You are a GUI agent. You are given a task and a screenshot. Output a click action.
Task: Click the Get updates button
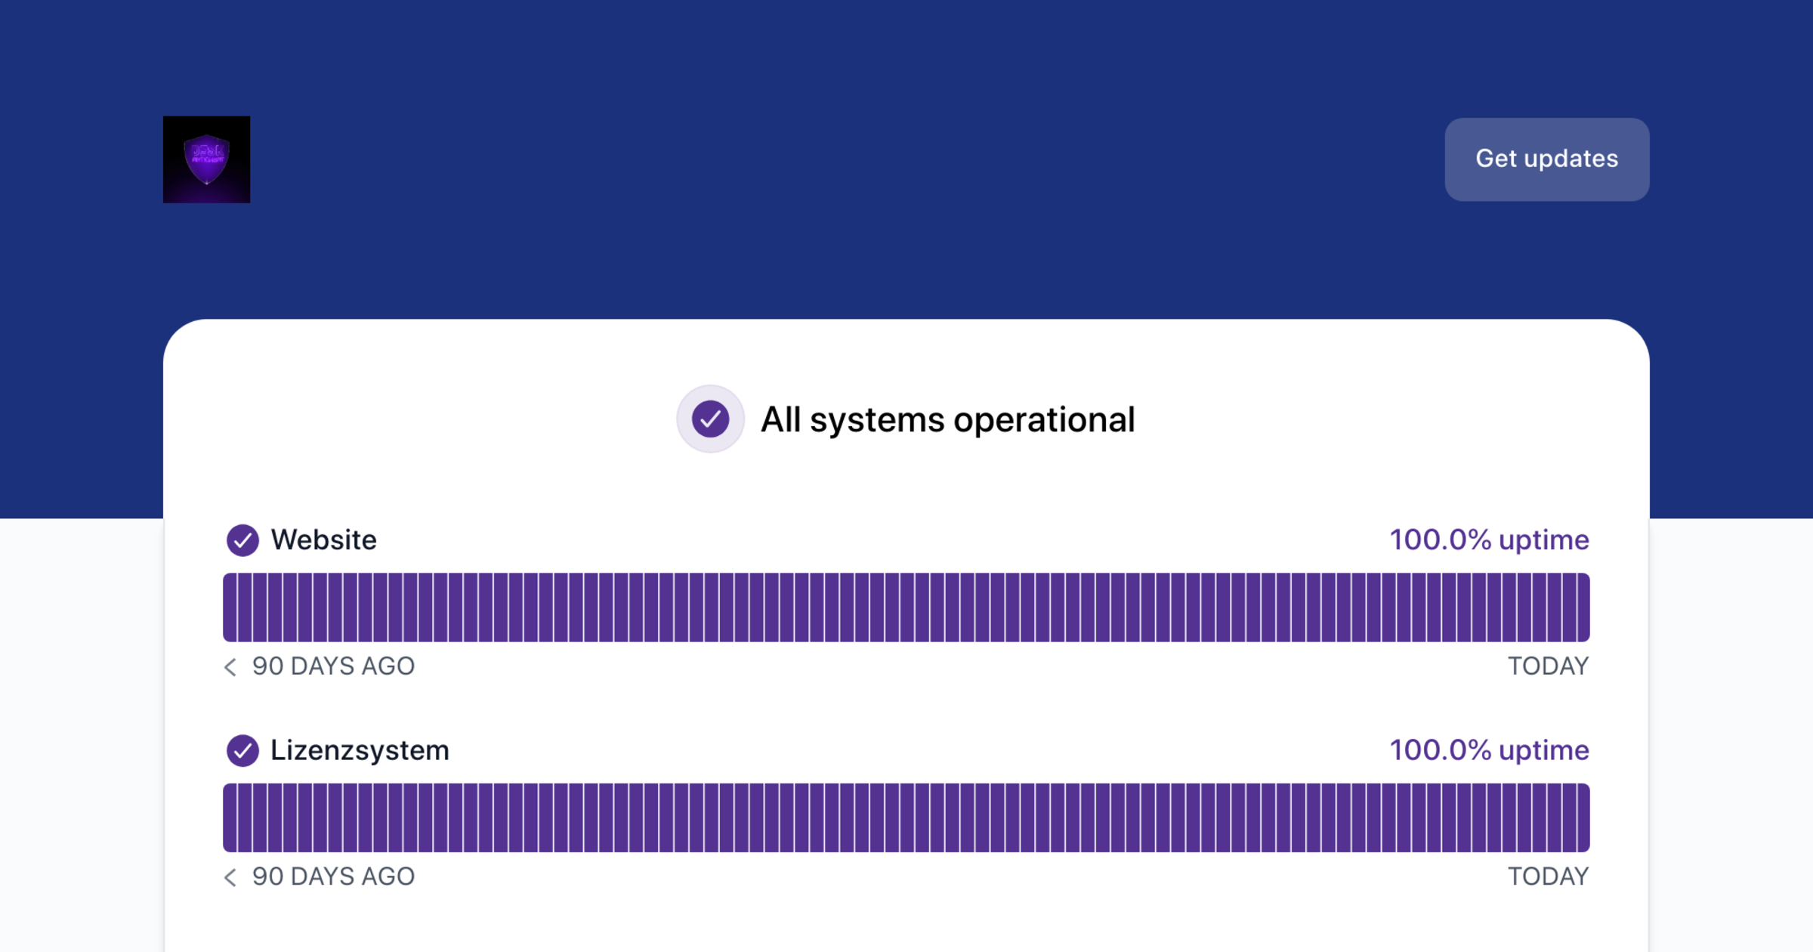[1546, 159]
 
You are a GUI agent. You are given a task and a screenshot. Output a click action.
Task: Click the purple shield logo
[206, 159]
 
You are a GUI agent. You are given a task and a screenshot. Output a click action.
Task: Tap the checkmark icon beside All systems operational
[710, 419]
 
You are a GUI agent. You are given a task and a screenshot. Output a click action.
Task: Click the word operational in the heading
[1044, 420]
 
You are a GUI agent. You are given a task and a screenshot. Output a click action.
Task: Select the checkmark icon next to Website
[242, 540]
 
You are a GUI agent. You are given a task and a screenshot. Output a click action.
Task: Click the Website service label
[323, 540]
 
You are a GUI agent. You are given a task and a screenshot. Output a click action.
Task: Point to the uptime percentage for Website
[1489, 540]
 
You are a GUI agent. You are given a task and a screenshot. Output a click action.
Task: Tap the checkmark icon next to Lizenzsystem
[242, 750]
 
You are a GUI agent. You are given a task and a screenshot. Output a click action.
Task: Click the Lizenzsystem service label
[360, 750]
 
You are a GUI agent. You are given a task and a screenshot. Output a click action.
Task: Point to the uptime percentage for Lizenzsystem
[1489, 750]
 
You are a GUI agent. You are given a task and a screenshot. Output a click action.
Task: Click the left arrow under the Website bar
[230, 666]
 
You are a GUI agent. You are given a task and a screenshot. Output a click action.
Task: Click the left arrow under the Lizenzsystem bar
[230, 876]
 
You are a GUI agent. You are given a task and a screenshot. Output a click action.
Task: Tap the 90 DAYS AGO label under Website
[333, 666]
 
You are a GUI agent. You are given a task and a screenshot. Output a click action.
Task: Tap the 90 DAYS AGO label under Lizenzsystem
[333, 876]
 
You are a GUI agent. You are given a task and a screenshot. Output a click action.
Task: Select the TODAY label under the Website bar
[1548, 666]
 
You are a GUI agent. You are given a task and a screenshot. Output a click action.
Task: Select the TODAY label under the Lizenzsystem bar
[1548, 876]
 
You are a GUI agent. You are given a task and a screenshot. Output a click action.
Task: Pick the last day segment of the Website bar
[1583, 607]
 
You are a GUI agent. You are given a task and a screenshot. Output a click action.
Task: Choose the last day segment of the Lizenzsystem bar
[1583, 818]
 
